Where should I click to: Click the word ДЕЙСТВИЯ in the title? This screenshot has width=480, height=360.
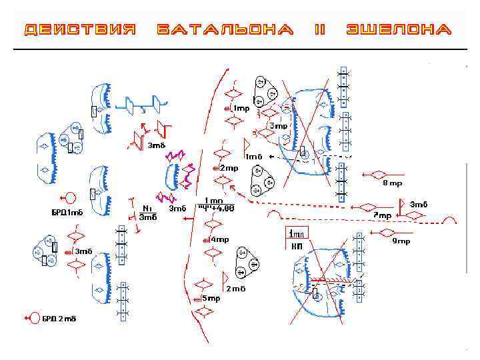(81, 30)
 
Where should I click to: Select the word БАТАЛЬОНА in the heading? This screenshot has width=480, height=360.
(225, 30)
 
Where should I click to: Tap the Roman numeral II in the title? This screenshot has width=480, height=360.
(319, 30)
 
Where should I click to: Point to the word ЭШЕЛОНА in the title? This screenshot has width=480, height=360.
(399, 30)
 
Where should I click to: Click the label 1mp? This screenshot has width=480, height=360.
(241, 108)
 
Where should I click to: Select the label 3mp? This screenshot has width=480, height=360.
(278, 125)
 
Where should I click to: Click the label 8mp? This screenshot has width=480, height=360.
(392, 183)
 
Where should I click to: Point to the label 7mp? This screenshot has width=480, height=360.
(382, 215)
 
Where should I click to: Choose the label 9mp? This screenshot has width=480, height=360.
(401, 241)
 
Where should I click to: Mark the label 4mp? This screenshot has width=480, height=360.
(220, 239)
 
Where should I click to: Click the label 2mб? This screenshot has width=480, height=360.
(236, 289)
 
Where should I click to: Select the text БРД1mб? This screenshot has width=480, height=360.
(67, 213)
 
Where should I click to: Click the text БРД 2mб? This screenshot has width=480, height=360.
(59, 319)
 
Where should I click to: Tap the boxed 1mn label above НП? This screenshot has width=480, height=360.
(296, 233)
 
